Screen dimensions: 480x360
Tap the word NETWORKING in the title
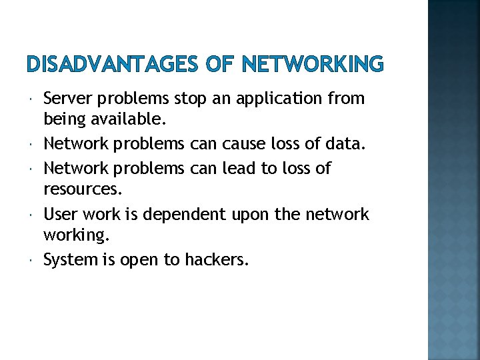312,65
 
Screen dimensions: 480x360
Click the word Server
67,99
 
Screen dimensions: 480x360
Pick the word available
123,121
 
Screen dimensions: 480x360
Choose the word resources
83,189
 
